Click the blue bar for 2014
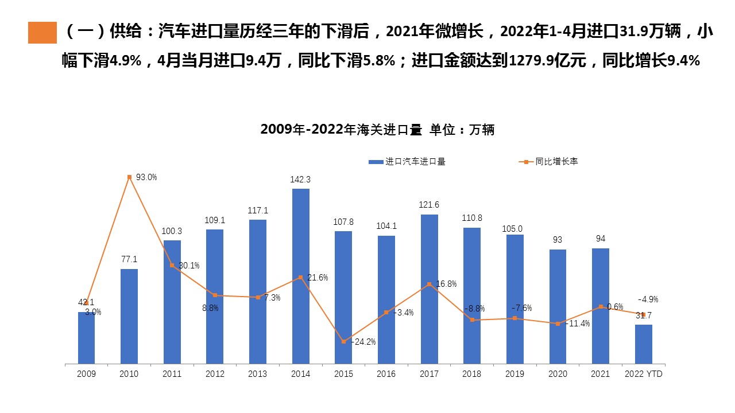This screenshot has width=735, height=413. point(301,275)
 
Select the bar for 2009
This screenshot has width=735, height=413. point(86,338)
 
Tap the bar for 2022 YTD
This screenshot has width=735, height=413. point(643,344)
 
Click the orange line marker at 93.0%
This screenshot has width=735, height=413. point(129,177)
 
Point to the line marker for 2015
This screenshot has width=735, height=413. point(343,341)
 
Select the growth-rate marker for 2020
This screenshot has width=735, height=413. point(558,324)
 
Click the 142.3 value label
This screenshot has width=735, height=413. point(300,180)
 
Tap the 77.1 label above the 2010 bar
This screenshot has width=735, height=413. point(129,260)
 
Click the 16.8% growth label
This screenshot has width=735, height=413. point(446,284)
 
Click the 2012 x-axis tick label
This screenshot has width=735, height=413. point(215,374)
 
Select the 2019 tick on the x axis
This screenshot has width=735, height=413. point(514,374)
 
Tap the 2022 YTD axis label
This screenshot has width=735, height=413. point(643,374)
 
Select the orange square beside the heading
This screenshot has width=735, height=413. point(42,33)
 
